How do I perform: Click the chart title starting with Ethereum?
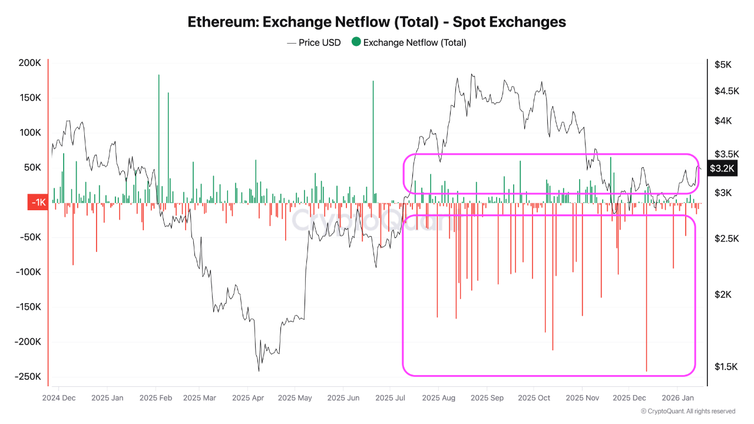376,22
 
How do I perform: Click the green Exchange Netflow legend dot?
356,42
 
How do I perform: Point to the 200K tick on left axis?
30,63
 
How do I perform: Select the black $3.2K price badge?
722,168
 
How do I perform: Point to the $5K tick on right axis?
723,64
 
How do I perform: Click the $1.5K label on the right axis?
726,367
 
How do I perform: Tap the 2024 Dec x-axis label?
59,397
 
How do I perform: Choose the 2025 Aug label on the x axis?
439,397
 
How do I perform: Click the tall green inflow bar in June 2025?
373,141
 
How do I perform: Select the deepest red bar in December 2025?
646,294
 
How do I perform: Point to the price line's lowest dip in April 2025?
259,370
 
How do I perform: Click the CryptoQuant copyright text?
687,411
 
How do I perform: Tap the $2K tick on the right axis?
723,294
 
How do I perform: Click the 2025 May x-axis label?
296,397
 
